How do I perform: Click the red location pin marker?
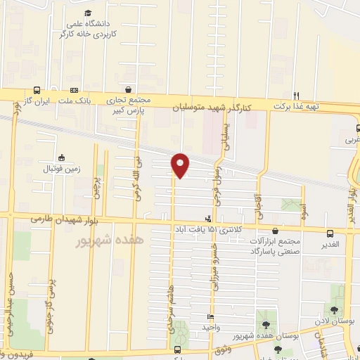pos(181,165)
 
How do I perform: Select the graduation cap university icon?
pos(87,13)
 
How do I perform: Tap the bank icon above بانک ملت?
pos(75,91)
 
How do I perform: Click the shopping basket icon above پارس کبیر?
pos(128,90)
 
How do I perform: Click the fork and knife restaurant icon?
pos(296,96)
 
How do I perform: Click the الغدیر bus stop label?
pos(330,244)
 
